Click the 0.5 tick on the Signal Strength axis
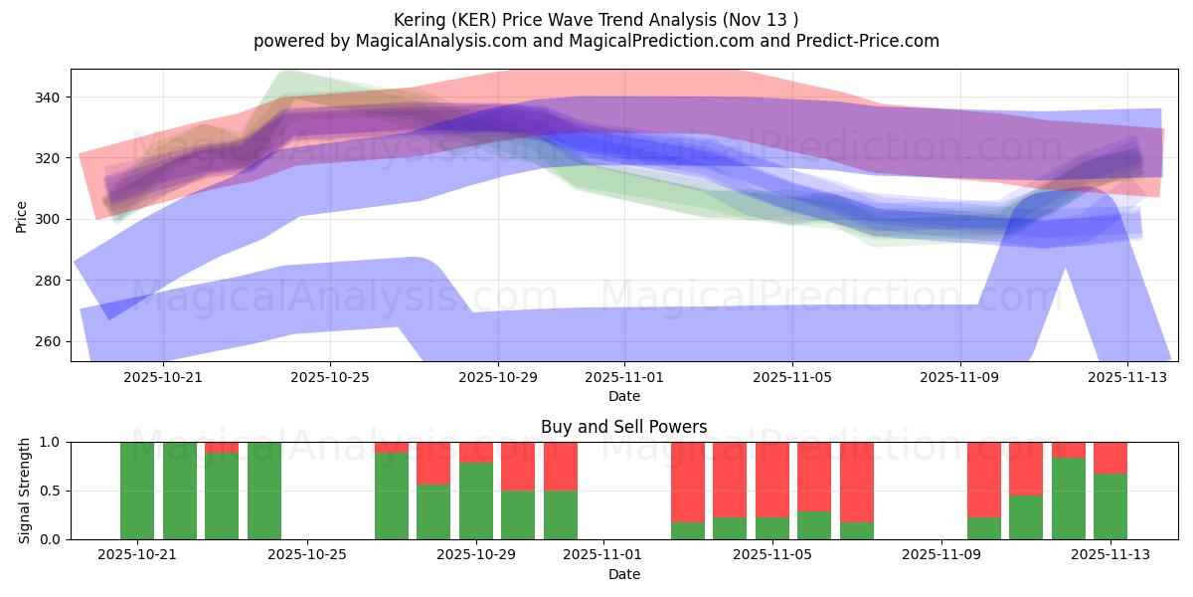pyautogui.click(x=51, y=491)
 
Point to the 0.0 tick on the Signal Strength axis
pyautogui.click(x=51, y=539)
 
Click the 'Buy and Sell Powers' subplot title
pyautogui.click(x=623, y=427)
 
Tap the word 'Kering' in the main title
pyautogui.click(x=421, y=20)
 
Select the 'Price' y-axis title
pyautogui.click(x=22, y=215)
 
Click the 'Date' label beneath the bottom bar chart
pyautogui.click(x=623, y=574)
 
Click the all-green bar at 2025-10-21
pyautogui.click(x=137, y=491)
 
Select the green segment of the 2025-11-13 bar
pyautogui.click(x=1110, y=506)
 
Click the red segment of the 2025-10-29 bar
pyautogui.click(x=476, y=452)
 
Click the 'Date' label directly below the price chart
pyautogui.click(x=623, y=396)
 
